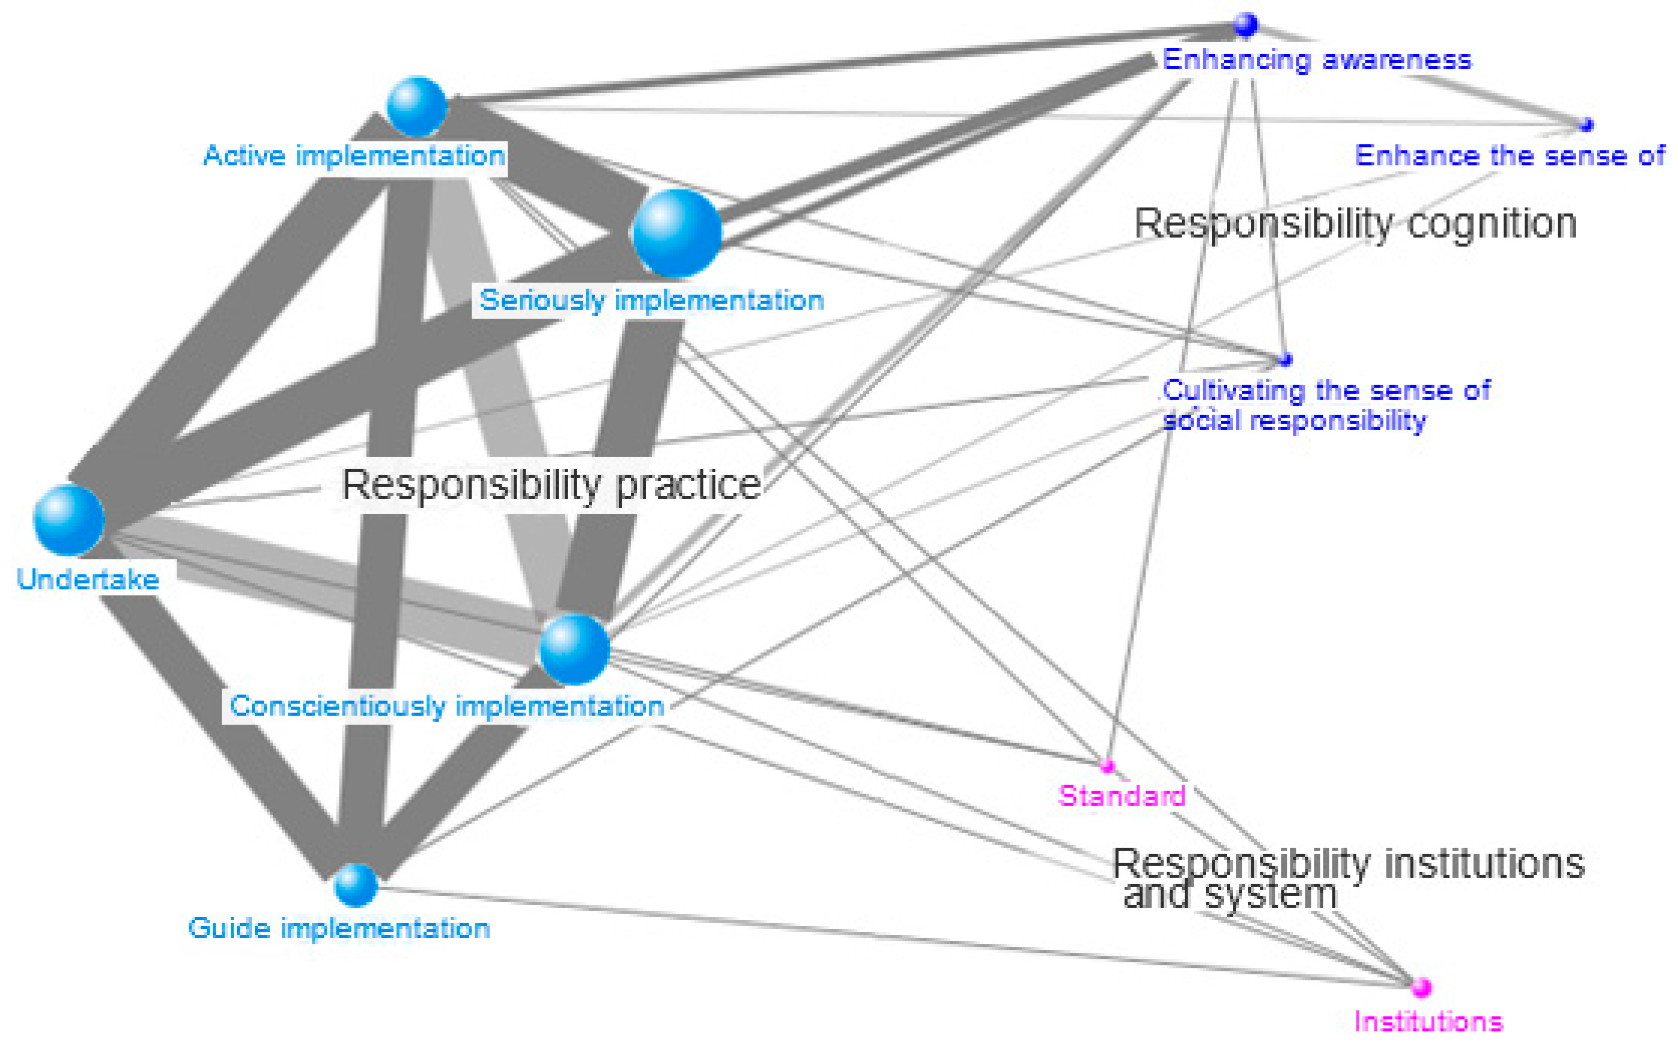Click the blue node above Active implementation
coord(417,107)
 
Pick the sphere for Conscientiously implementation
coord(574,649)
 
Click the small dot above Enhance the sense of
coord(1586,125)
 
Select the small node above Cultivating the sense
coord(1284,359)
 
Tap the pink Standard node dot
coord(1107,765)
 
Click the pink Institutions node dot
coord(1420,987)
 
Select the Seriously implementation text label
coord(651,300)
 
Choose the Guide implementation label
coord(339,928)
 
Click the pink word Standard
coord(1122,795)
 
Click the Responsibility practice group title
coord(551,485)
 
